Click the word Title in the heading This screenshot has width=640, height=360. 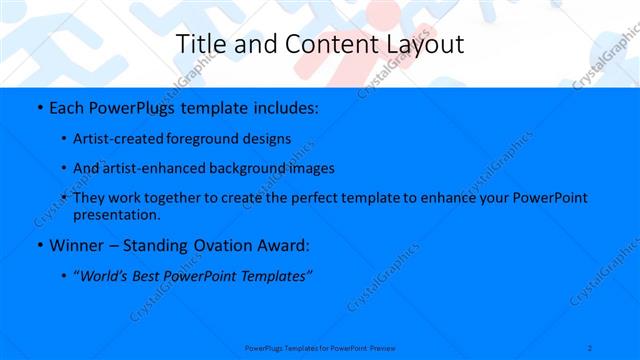pyautogui.click(x=199, y=44)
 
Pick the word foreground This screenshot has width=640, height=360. pyautogui.click(x=214, y=138)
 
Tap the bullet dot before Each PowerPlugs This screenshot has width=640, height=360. pyautogui.click(x=38, y=106)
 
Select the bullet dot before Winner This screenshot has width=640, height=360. pyautogui.click(x=38, y=245)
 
